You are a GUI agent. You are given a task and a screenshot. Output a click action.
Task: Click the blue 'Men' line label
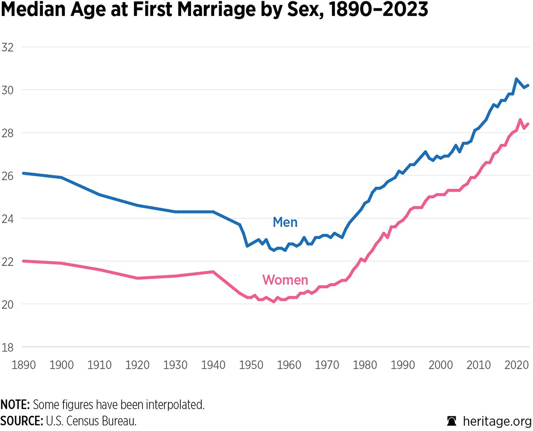coord(285,222)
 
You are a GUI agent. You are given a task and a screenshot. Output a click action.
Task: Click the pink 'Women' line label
coord(285,280)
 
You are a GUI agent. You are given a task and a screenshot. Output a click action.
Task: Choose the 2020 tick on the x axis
coord(516,365)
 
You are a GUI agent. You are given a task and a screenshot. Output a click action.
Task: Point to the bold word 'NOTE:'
coord(15,405)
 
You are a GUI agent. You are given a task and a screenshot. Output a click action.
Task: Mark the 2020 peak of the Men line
coord(516,79)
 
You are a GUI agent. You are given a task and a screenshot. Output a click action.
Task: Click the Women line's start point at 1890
coord(24,261)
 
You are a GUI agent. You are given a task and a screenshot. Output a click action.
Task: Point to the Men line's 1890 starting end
coord(24,173)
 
